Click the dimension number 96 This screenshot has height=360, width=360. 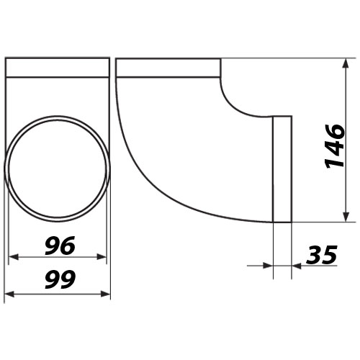click(60, 246)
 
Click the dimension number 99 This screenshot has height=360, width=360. click(60, 279)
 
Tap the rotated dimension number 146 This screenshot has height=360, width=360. click(335, 146)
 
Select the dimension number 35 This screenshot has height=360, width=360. click(322, 255)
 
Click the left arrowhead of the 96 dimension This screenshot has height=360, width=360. click(14, 257)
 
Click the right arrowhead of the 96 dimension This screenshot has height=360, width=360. click(102, 257)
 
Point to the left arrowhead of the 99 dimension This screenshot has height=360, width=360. click(9, 294)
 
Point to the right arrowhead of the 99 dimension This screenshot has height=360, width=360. click(105, 294)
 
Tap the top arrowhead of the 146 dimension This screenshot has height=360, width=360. click(346, 63)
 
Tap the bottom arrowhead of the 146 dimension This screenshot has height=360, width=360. click(346, 217)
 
